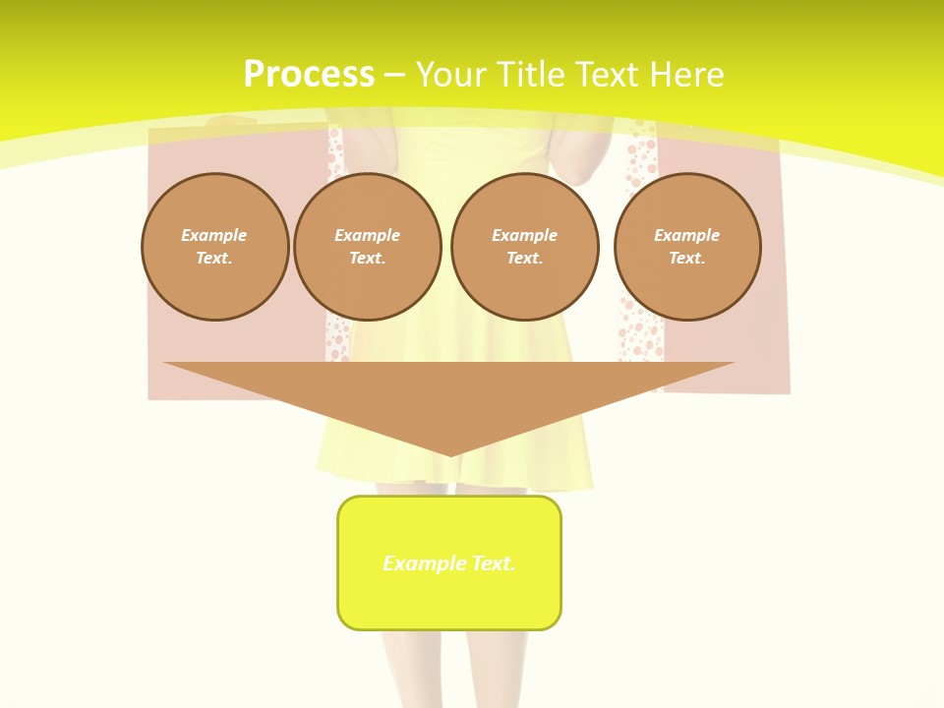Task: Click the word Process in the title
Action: pos(309,75)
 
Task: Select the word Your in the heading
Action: pos(453,75)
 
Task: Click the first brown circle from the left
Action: pos(215,246)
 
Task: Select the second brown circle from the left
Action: pos(368,246)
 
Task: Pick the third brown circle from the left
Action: pos(525,246)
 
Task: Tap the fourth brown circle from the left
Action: pos(687,246)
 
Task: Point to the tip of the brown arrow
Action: pos(449,454)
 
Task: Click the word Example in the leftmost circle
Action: pos(214,235)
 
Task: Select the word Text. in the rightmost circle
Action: pos(687,258)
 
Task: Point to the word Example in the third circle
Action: pos(525,235)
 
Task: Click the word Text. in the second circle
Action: pos(368,258)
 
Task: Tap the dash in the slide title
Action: pos(394,75)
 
